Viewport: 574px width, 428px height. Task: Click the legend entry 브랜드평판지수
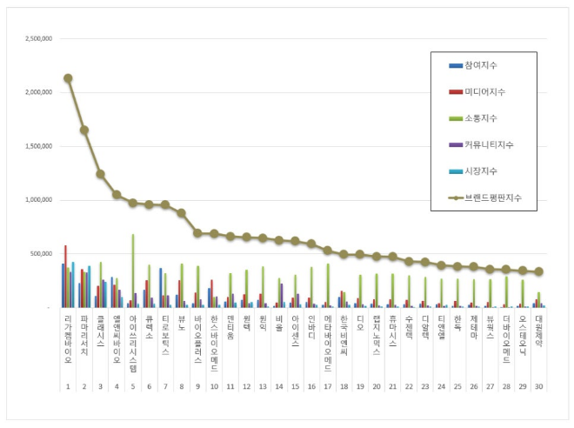coord(491,198)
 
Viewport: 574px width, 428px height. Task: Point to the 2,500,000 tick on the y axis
coord(38,39)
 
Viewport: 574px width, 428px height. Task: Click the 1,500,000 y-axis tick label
coord(38,146)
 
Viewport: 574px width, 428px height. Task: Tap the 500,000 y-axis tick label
coord(41,254)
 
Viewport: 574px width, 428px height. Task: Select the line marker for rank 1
coord(68,78)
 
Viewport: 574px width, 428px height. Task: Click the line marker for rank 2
coord(84,130)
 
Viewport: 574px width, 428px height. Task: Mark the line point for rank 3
coord(100,174)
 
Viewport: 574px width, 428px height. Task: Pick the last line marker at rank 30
coord(538,271)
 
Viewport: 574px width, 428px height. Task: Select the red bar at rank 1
coord(65,276)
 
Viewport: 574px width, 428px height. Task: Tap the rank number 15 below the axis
coord(295,385)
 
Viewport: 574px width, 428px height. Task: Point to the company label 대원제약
coord(538,333)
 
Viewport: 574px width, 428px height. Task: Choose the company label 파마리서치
coord(84,336)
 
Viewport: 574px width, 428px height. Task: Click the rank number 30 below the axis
coord(538,385)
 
